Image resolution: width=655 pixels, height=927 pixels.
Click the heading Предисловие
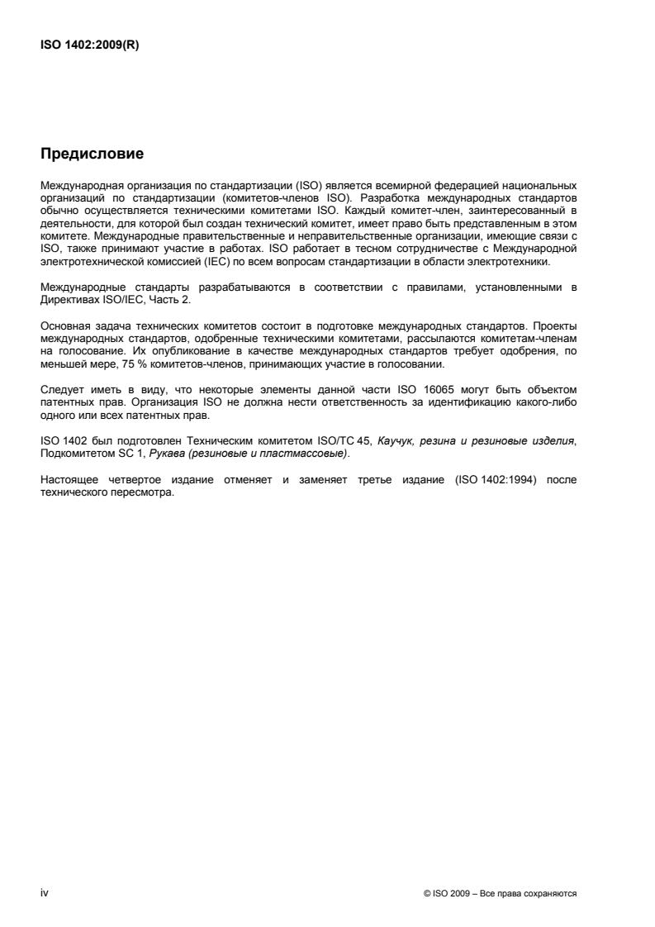coord(92,154)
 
